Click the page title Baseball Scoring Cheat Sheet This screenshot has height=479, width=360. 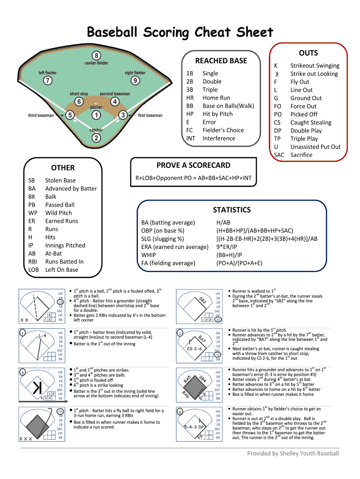[x=180, y=32]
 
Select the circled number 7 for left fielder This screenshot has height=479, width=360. [x=48, y=80]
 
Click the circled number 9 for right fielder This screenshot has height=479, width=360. [x=135, y=80]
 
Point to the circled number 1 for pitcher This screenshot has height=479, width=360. [x=96, y=115]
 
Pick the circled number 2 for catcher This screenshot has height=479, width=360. [x=96, y=138]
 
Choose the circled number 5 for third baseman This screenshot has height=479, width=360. [x=70, y=115]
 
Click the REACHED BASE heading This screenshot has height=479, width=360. [x=221, y=61]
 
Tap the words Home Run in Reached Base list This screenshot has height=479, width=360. [x=216, y=98]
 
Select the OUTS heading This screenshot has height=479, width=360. [x=308, y=53]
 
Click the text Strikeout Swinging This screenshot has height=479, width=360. [x=315, y=66]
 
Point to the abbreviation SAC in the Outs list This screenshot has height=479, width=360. [x=279, y=155]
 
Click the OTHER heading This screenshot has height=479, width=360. [x=63, y=167]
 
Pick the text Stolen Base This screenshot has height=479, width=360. [x=60, y=180]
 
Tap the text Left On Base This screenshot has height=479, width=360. [x=62, y=270]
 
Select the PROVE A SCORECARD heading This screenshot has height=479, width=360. [x=193, y=165]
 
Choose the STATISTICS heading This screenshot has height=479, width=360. [x=231, y=210]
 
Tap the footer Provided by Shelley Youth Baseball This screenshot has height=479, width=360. [x=293, y=453]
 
